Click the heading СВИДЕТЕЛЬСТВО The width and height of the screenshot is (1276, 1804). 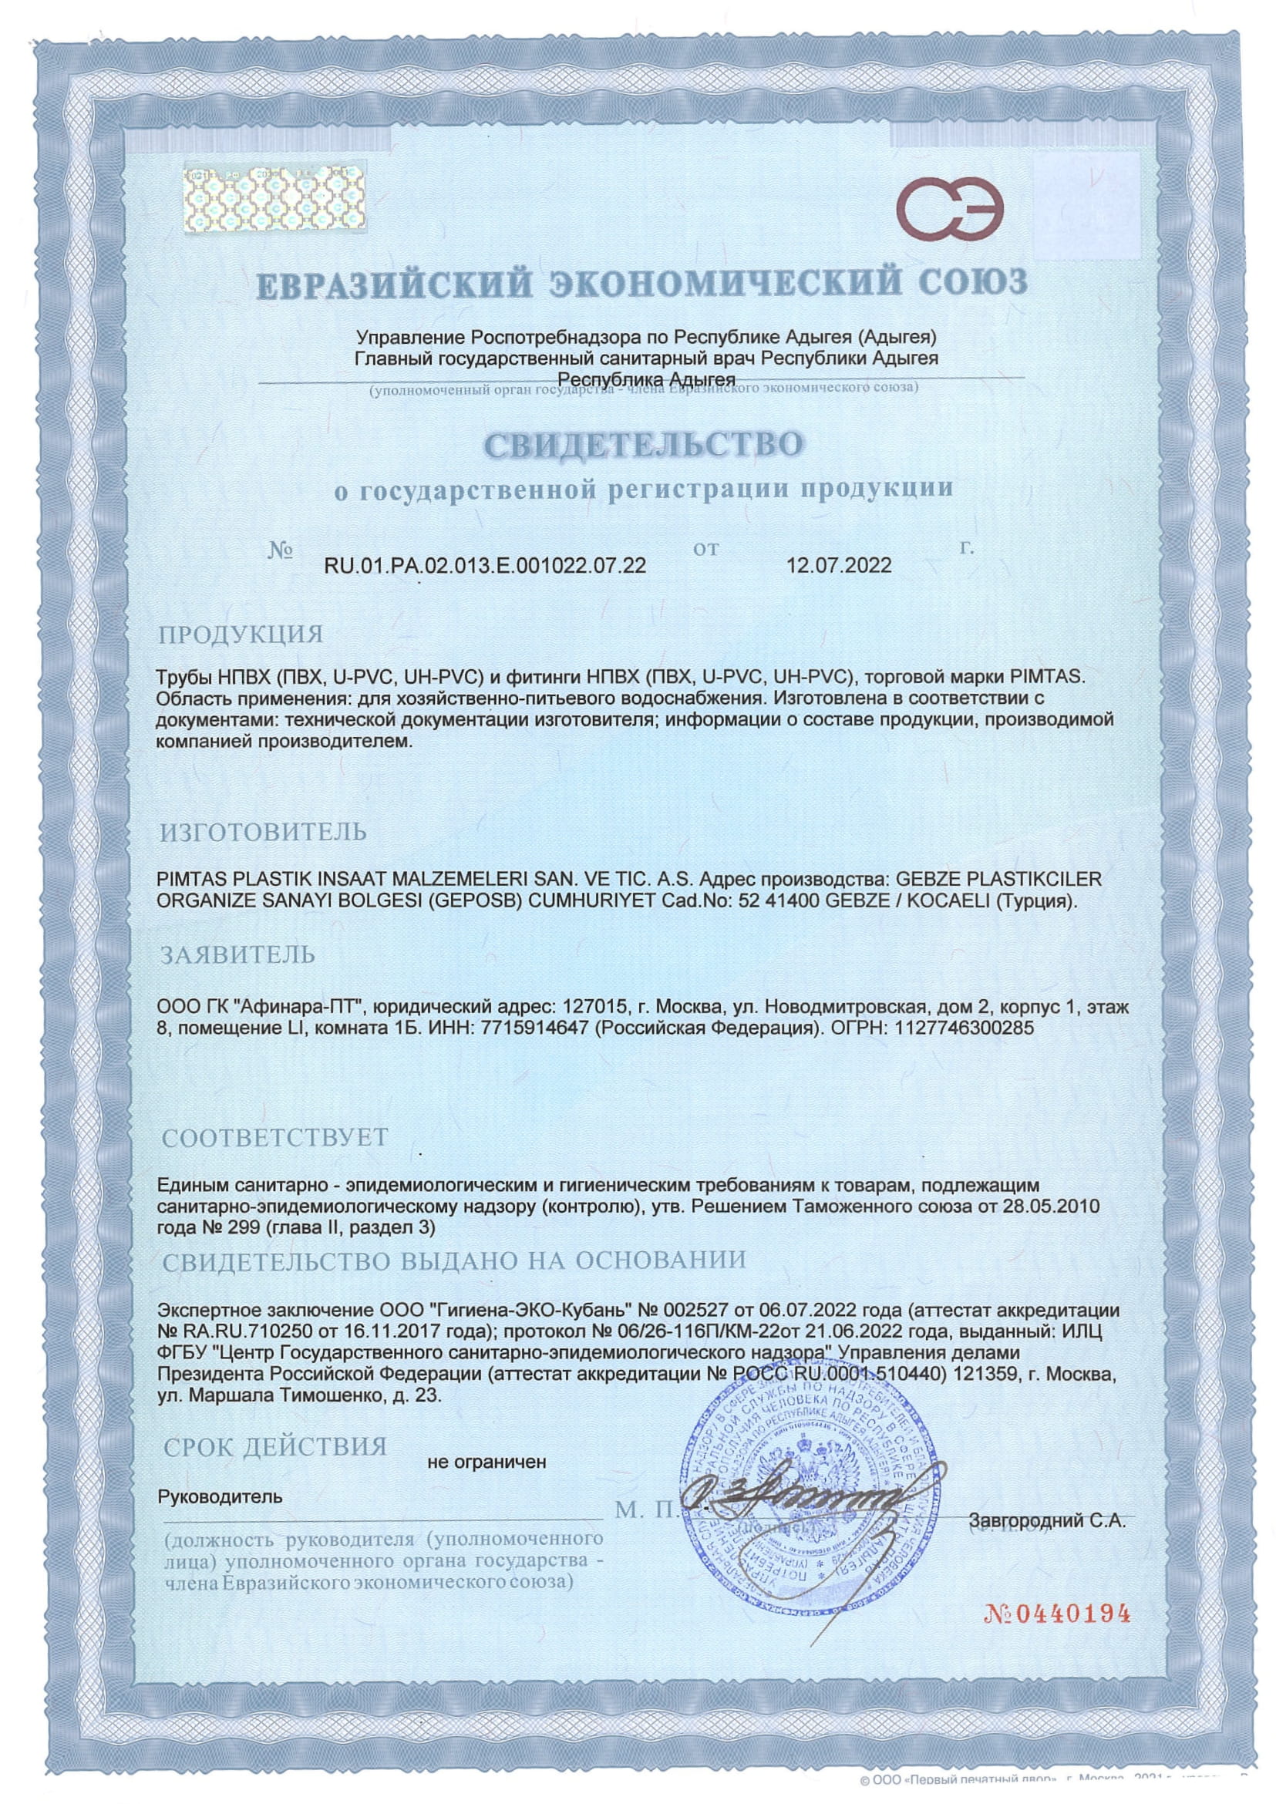(x=644, y=444)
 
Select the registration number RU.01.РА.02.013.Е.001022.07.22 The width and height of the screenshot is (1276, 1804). (x=485, y=566)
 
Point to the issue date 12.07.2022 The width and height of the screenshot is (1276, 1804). (x=839, y=566)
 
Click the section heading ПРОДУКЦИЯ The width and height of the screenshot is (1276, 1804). (x=241, y=634)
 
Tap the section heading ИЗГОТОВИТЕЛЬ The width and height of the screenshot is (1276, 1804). (x=263, y=831)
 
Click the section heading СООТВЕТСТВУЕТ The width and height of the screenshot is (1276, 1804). (x=274, y=1137)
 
